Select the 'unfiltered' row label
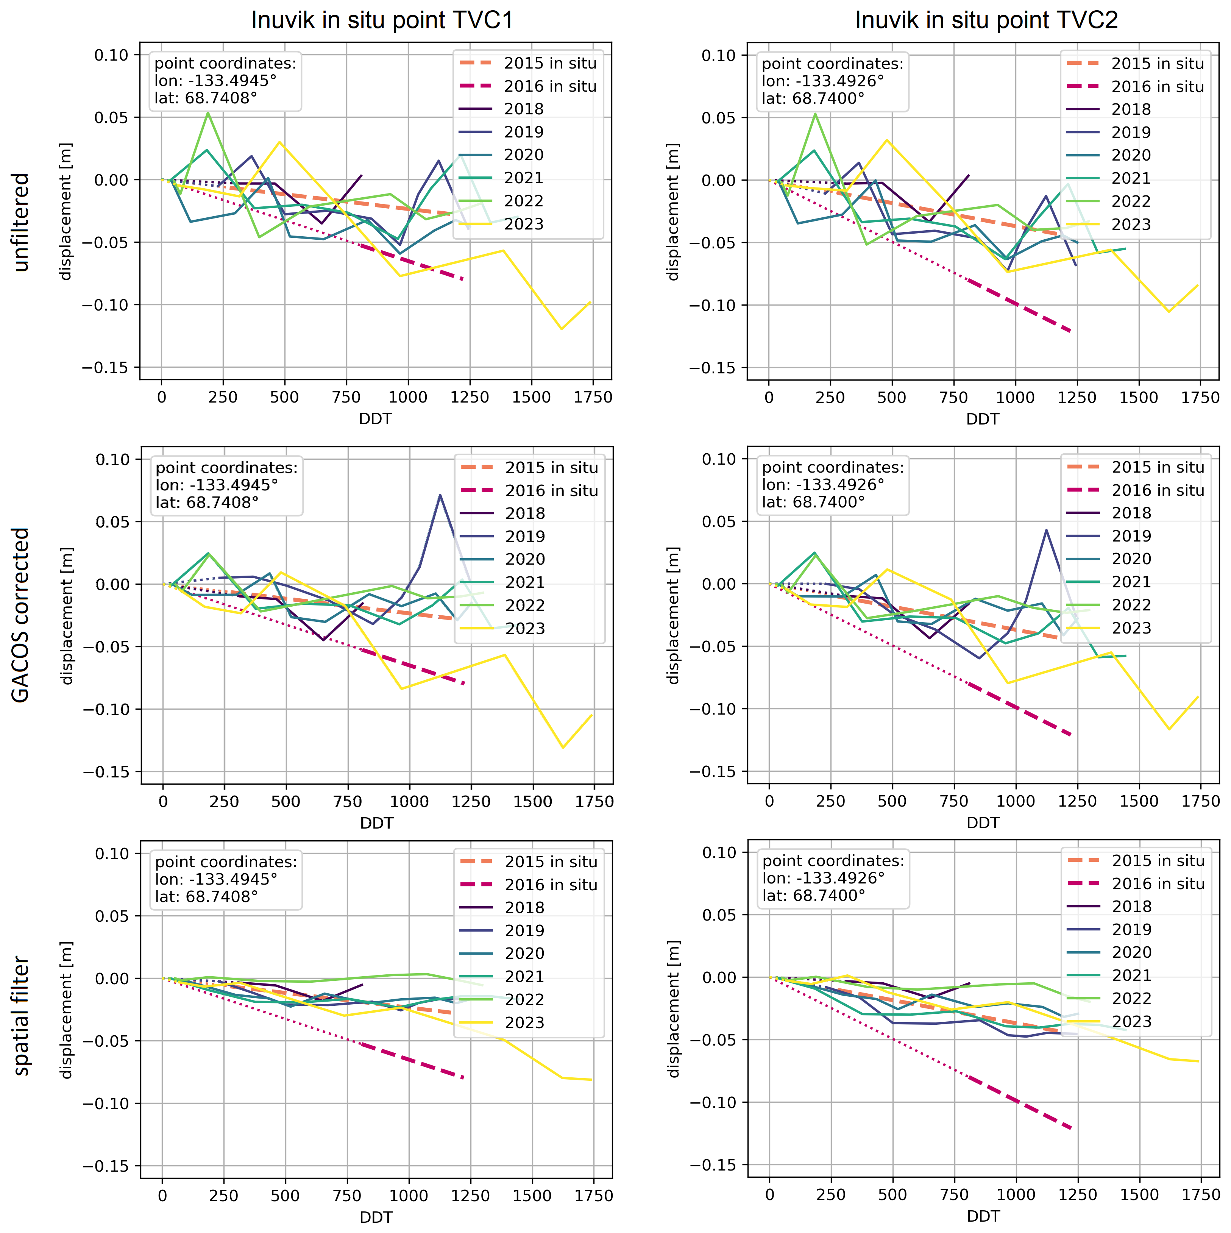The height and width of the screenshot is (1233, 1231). (21, 222)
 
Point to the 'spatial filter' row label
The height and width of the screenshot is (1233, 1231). (21, 1015)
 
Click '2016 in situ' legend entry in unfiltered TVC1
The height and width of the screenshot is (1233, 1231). (550, 86)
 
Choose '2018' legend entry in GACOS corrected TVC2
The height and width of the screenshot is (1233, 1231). (1131, 513)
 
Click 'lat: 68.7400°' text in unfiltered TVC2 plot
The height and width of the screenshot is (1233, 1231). (813, 98)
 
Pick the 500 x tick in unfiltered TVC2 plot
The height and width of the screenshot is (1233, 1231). (891, 398)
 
